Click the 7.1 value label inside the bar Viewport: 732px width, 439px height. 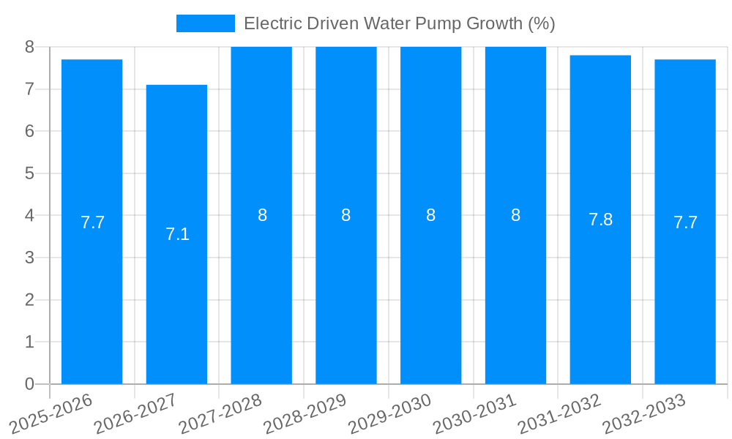click(177, 234)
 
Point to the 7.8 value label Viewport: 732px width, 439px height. click(600, 219)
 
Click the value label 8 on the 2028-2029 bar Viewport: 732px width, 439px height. click(346, 215)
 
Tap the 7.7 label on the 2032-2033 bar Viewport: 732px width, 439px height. click(685, 222)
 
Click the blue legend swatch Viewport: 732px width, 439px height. click(205, 23)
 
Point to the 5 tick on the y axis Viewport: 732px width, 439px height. click(29, 173)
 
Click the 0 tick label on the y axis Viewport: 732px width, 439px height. click(29, 384)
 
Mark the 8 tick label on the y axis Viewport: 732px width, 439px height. click(29, 47)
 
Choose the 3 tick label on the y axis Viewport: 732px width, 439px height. click(29, 258)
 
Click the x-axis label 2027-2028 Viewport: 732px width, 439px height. click(220, 413)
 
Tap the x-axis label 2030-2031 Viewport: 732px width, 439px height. click(474, 413)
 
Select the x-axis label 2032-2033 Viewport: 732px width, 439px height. click(644, 413)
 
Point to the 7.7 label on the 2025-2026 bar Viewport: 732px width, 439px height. click(92, 222)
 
